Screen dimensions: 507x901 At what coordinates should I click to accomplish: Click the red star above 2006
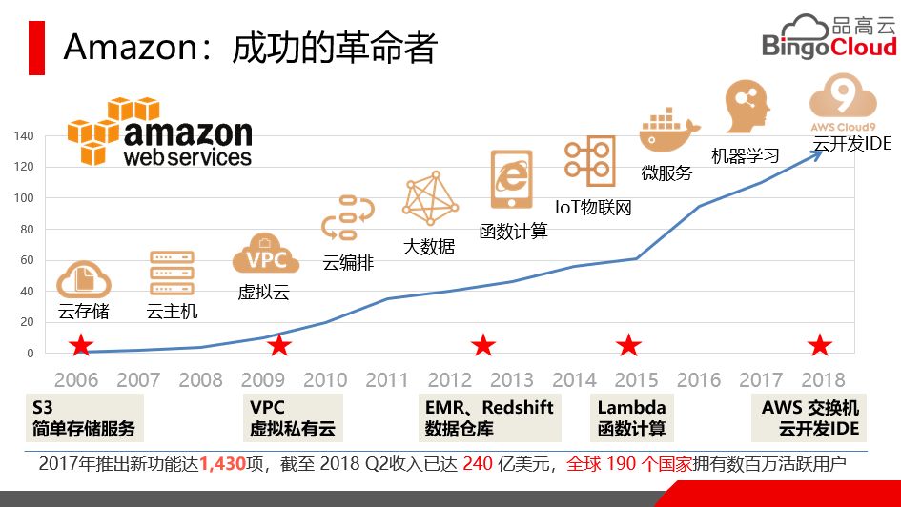82,345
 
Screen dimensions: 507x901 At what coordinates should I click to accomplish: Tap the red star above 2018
820,345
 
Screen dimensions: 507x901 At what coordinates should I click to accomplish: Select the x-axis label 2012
449,380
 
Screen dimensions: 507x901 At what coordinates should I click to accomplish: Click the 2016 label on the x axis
699,380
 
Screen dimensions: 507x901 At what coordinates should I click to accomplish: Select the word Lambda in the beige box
631,407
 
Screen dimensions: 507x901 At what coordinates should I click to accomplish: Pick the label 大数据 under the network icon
428,247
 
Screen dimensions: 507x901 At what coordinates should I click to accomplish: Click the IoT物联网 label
593,206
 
